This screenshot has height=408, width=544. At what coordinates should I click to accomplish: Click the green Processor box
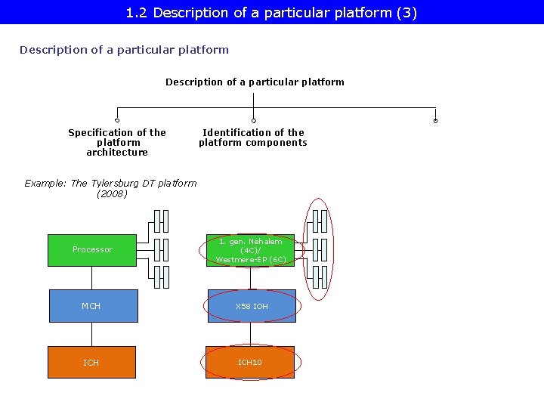point(92,250)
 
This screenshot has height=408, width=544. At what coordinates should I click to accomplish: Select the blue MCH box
point(93,306)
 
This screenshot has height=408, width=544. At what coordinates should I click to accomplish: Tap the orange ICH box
point(91,363)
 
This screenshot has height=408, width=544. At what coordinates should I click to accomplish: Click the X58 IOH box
point(252,306)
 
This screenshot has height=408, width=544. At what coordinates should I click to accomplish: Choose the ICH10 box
point(250,363)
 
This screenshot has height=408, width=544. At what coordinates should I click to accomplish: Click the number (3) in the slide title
point(406,13)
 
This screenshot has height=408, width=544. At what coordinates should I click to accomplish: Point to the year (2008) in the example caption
point(112,194)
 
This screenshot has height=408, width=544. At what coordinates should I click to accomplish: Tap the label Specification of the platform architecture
point(117,142)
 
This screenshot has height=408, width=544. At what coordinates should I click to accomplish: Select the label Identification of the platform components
point(253,138)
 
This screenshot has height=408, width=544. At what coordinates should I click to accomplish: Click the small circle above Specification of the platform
point(117,121)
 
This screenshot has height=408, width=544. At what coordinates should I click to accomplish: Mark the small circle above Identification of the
point(253,121)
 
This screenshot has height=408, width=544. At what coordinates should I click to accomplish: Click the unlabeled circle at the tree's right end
point(435,121)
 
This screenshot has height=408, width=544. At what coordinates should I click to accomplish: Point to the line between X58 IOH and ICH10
point(252,334)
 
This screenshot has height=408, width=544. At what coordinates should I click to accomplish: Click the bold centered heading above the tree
point(255,82)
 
